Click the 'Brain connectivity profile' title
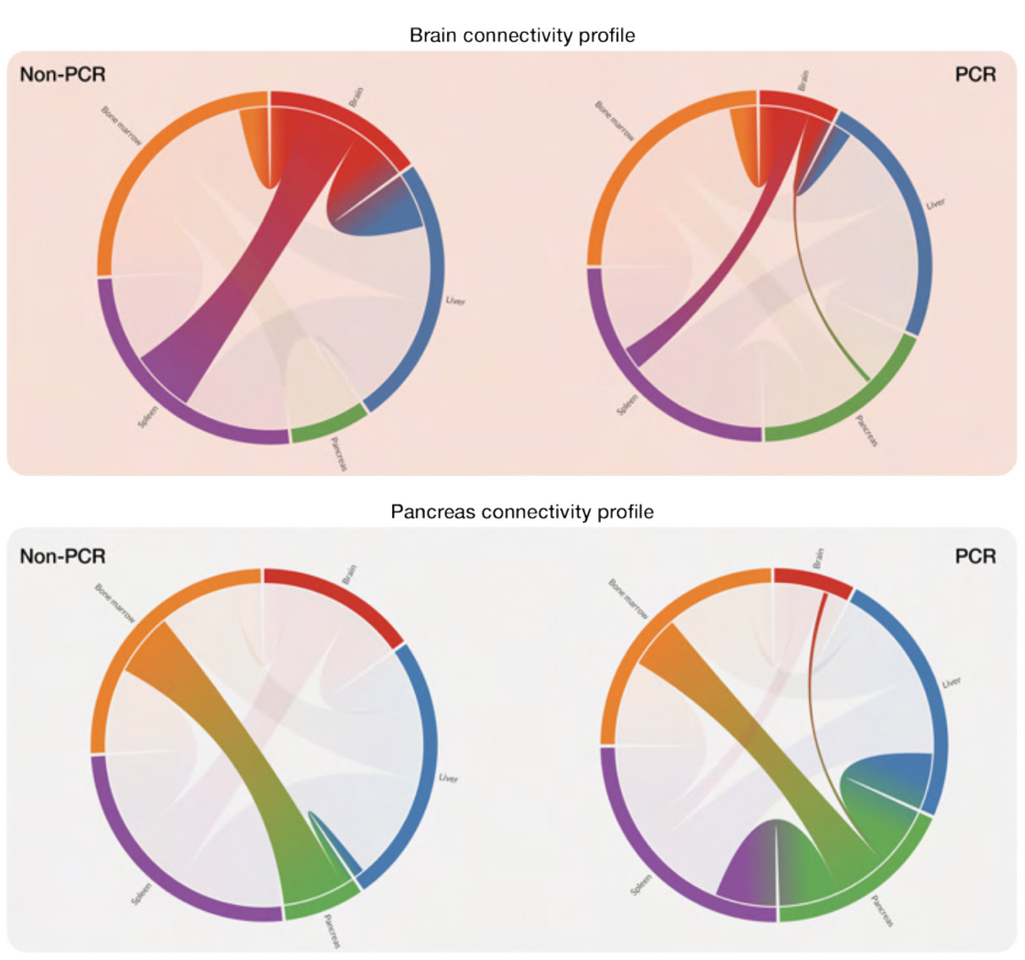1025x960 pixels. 521,36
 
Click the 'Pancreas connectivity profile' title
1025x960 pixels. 521,512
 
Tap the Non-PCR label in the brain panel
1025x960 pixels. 63,74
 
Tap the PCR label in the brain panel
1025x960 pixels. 975,74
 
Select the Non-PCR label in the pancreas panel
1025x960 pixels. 63,557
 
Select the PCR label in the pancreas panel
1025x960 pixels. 975,557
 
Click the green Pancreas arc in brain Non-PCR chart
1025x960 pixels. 330,424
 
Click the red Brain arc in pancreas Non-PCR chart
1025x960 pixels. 338,595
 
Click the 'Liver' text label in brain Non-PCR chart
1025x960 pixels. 455,300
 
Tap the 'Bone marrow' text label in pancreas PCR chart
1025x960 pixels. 628,599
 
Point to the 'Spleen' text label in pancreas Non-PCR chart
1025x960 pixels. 141,894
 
